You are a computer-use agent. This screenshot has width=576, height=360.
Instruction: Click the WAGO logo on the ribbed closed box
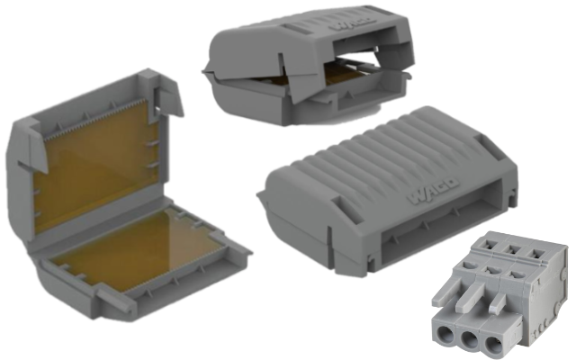click(434, 190)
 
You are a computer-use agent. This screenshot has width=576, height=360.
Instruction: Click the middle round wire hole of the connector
click(469, 340)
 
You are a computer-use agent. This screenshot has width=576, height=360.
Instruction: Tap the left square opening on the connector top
click(492, 244)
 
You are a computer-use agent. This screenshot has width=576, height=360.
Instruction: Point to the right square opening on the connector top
click(535, 254)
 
